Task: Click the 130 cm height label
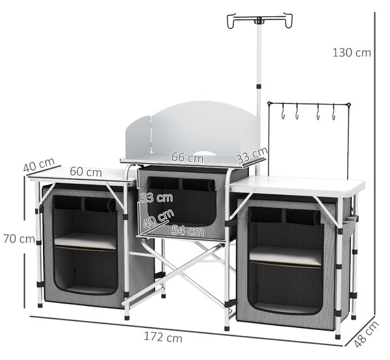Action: click(x=352, y=53)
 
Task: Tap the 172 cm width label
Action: click(x=163, y=337)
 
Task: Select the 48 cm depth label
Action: click(x=366, y=334)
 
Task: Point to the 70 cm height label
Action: click(x=19, y=239)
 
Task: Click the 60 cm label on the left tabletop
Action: click(x=86, y=172)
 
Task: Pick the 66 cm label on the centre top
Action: click(x=187, y=157)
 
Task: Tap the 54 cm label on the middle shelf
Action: click(x=188, y=231)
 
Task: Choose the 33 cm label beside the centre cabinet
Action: click(x=157, y=198)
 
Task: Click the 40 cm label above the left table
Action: click(x=39, y=164)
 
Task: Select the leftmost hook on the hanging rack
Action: click(x=283, y=112)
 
